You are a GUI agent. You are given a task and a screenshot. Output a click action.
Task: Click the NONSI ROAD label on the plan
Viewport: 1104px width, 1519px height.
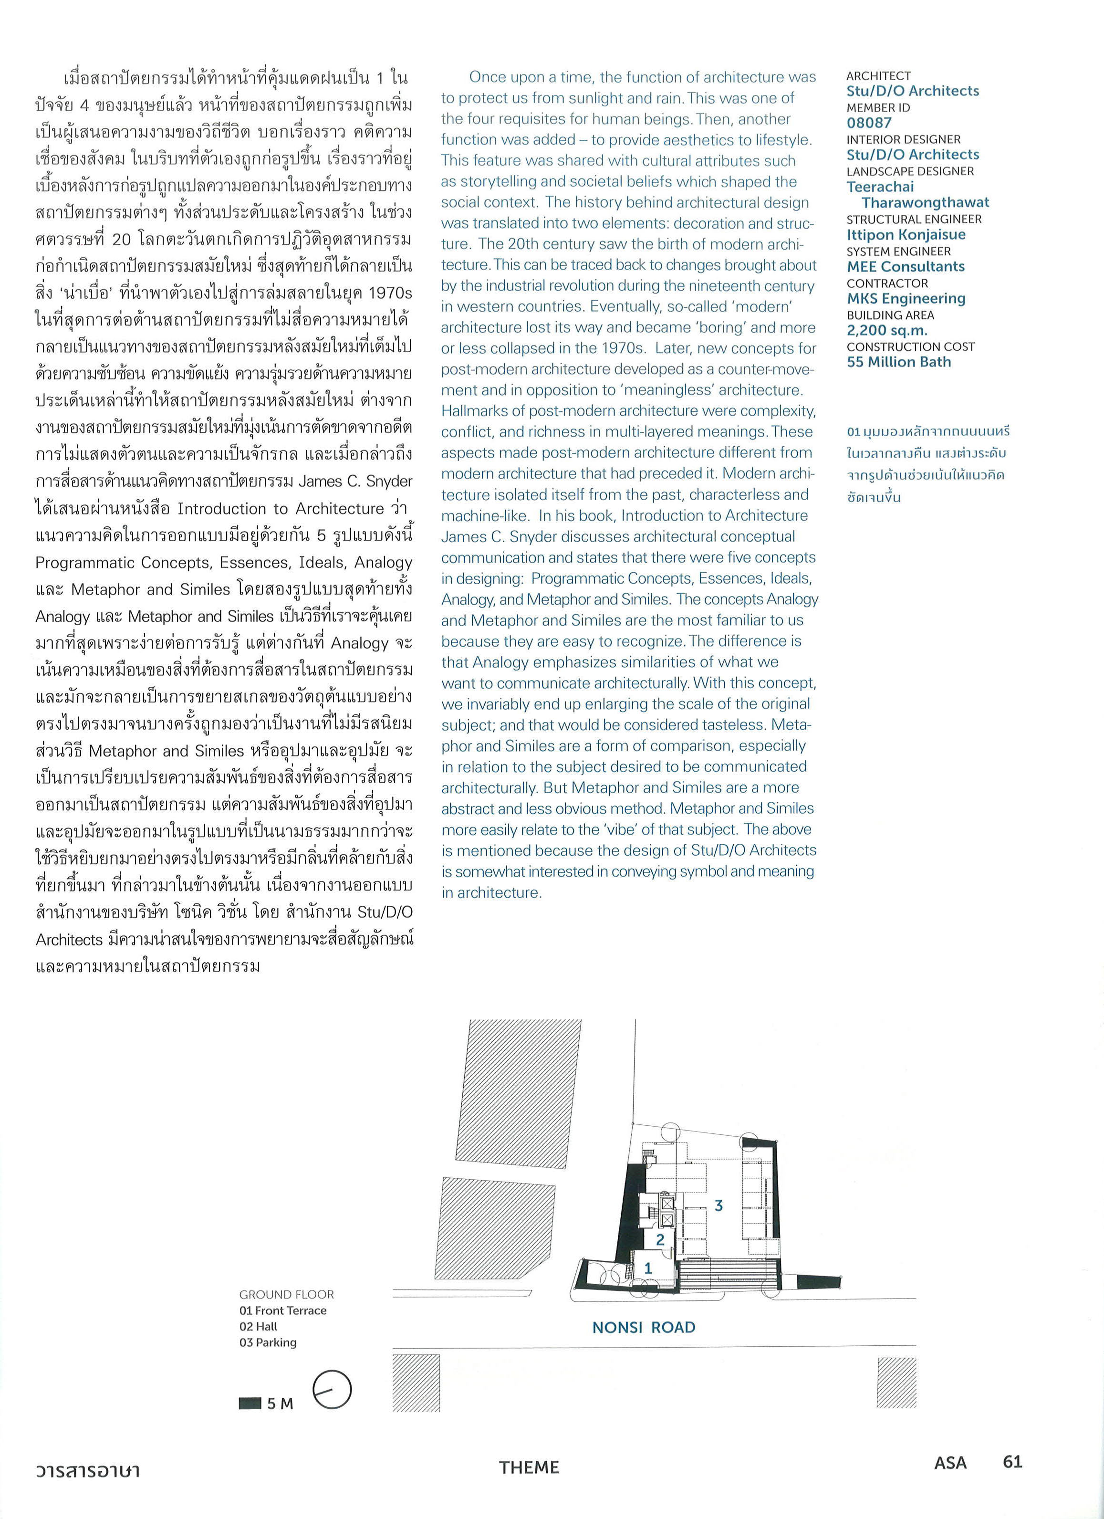644,1327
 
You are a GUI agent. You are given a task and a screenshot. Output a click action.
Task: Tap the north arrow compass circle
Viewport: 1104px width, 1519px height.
332,1390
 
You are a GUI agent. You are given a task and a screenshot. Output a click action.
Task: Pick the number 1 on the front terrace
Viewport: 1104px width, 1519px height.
647,1267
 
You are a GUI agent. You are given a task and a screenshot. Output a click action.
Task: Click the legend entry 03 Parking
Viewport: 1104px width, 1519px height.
268,1342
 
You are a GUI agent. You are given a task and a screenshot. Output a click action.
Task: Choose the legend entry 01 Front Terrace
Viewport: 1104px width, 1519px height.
282,1310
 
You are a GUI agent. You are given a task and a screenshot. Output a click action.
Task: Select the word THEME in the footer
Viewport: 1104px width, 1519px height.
528,1467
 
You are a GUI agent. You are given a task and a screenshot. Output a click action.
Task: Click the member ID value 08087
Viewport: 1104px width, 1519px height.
869,123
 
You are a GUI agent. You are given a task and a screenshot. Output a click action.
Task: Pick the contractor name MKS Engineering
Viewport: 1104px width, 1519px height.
906,298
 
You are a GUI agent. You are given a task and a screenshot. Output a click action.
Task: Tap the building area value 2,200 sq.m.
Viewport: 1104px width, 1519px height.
886,330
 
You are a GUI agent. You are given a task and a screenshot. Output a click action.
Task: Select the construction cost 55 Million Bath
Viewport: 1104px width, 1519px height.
898,362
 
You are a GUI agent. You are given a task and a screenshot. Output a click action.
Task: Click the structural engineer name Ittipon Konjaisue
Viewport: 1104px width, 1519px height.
906,234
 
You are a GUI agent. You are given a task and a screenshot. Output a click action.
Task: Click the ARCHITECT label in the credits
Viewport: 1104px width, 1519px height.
878,76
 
